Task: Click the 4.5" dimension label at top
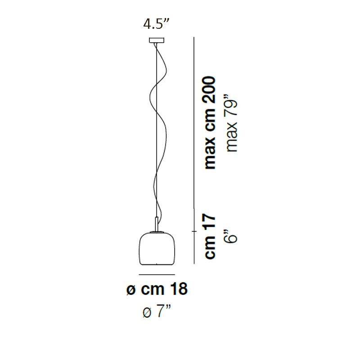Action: click(156, 24)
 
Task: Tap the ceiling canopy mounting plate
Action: click(157, 40)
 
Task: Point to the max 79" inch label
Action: click(231, 122)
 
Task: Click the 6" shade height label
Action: click(230, 235)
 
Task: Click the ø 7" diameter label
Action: click(157, 311)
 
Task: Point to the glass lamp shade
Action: click(157, 249)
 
